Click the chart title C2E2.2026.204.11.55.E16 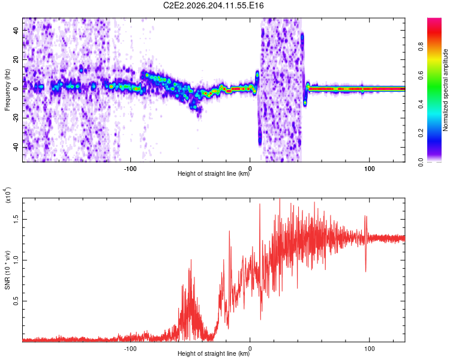coord(213,5)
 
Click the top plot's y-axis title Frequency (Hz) coord(7,90)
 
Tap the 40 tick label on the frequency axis coord(16,30)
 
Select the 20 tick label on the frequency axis coord(16,59)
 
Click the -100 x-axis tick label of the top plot coord(130,169)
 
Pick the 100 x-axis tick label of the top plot coord(370,169)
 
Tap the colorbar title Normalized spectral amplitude coord(445,90)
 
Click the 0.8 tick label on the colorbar coord(421,46)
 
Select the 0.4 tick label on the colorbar coord(421,104)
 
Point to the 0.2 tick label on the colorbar coord(421,133)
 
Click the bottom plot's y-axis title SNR coord(7,270)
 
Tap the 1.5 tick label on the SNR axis coord(16,220)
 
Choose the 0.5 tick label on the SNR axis coord(16,301)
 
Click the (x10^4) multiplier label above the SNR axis coord(7,195)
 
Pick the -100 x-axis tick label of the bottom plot coord(130,349)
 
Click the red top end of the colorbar coord(434,19)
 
